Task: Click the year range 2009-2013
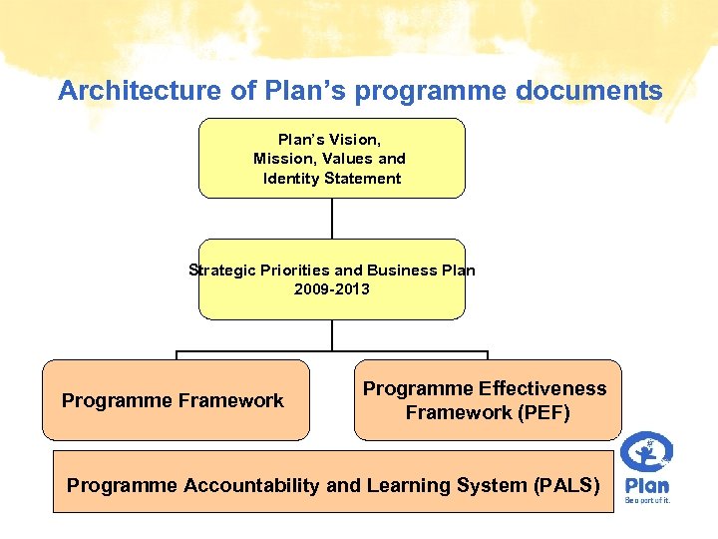(x=331, y=288)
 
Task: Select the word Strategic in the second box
(x=221, y=269)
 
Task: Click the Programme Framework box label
(x=173, y=401)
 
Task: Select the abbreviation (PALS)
(x=567, y=486)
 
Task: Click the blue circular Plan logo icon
(x=646, y=452)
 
